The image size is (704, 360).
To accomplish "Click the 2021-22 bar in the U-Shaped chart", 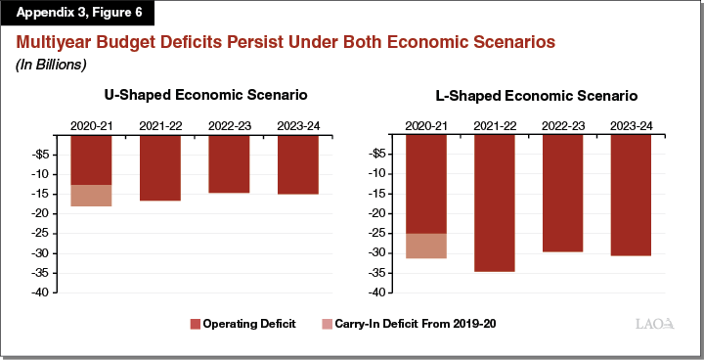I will click(x=159, y=167).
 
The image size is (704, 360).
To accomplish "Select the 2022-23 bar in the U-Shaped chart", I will click(x=229, y=163).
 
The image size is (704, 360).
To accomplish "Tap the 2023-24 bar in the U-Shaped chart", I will click(x=297, y=164).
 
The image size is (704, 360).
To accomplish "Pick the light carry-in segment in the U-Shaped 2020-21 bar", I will click(x=91, y=196).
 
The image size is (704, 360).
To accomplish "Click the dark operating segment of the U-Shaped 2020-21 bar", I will click(x=91, y=159).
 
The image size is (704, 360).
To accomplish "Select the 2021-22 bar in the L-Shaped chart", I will click(x=494, y=202).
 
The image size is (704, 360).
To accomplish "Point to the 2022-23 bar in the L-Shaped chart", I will click(x=562, y=194).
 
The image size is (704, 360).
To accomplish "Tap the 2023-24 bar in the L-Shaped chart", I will click(x=631, y=195).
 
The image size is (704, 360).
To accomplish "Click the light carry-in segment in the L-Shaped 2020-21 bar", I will click(x=425, y=246).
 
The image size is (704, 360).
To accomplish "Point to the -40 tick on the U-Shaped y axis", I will click(x=44, y=292).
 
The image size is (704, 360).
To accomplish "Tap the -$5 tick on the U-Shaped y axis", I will click(x=44, y=155).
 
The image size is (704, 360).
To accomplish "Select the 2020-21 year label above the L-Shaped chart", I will click(x=425, y=126).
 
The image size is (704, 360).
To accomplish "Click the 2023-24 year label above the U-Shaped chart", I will click(x=297, y=126).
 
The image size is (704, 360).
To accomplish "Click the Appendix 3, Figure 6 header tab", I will click(x=77, y=15).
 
